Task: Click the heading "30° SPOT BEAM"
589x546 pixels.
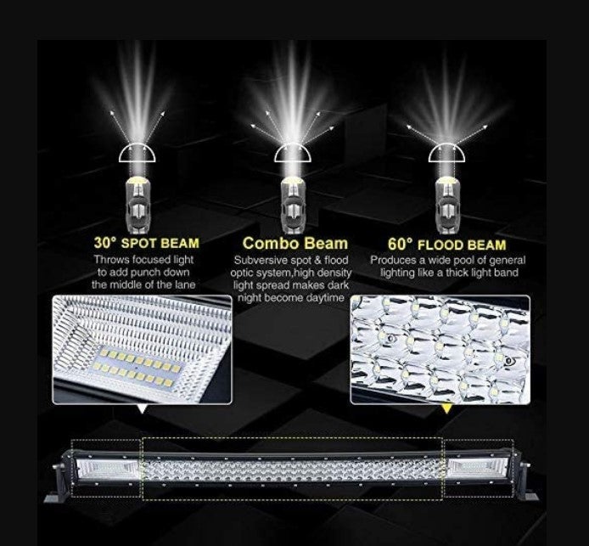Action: (x=147, y=243)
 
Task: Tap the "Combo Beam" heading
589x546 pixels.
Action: (x=295, y=243)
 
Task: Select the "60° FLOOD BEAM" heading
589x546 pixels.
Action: (x=447, y=245)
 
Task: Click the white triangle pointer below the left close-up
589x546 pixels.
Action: (x=142, y=408)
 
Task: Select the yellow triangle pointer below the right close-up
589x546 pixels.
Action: (x=446, y=408)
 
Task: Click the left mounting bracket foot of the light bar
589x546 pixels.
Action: (x=56, y=497)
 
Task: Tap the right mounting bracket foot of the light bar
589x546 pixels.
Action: (x=530, y=496)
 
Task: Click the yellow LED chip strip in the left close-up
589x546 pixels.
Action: (x=136, y=369)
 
